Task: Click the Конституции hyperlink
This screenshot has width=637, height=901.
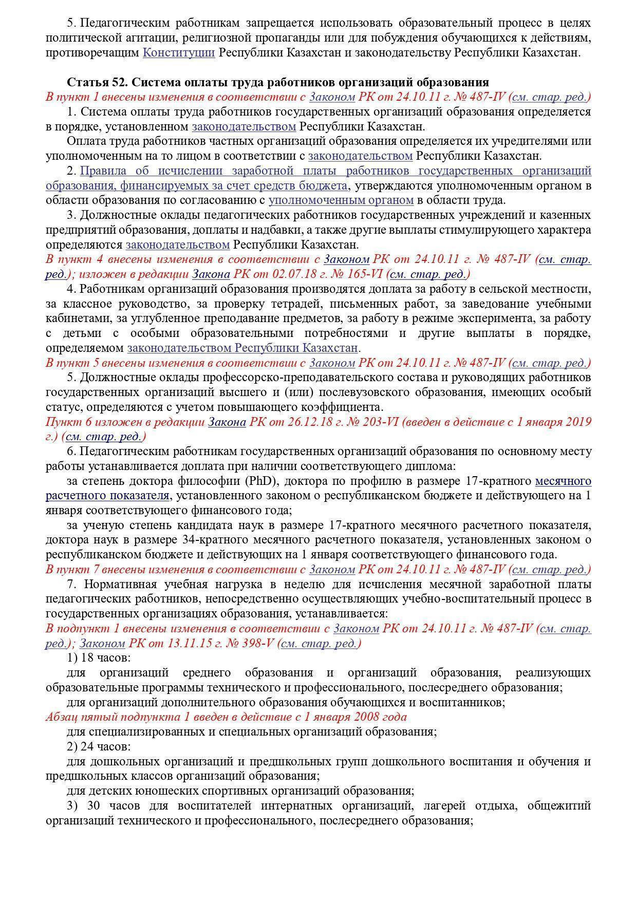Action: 178,53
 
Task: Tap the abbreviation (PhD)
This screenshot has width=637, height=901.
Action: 260,481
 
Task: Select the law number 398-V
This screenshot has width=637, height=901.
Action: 256,644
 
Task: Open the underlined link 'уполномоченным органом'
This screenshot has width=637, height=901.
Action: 341,200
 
